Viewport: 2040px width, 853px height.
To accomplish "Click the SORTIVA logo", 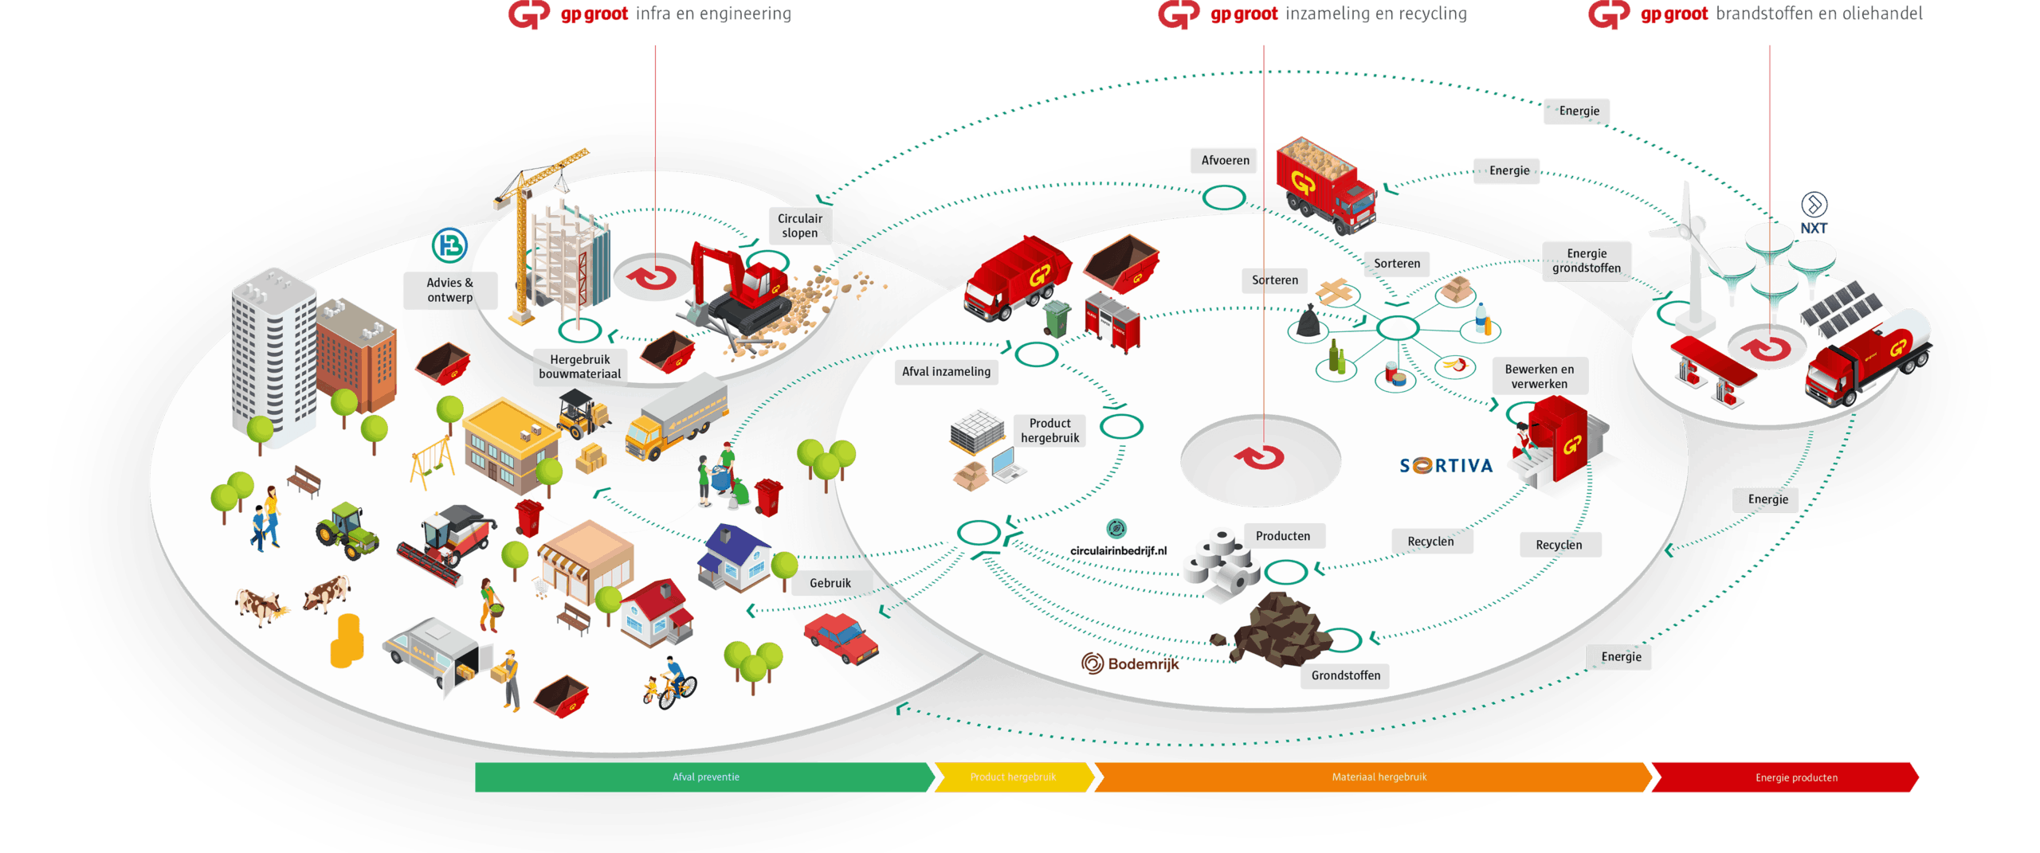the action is click(x=1446, y=465).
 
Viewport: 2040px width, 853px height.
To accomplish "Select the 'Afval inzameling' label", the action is click(x=946, y=371).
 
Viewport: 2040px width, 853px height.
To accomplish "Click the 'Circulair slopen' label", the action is click(x=799, y=225).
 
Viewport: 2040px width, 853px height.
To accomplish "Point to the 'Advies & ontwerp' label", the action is click(x=449, y=290).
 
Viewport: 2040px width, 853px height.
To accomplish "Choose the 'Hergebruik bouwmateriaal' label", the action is click(x=579, y=366).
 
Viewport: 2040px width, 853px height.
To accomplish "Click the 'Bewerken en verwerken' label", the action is click(x=1539, y=376).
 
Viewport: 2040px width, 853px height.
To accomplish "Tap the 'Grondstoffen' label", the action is click(x=1345, y=675).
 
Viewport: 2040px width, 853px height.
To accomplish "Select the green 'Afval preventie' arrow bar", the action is click(x=704, y=777).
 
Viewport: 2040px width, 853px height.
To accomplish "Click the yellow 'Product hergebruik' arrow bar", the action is click(x=1014, y=777).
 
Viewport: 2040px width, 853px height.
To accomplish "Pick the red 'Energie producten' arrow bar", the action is click(x=1785, y=777).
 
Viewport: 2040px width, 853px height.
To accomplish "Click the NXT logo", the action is click(x=1814, y=213).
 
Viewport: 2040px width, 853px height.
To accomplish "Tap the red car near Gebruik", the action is click(x=841, y=638).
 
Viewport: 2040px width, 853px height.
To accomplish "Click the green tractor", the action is click(x=347, y=531).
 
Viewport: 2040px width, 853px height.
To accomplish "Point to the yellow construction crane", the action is click(x=534, y=231).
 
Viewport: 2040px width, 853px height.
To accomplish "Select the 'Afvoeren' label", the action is click(x=1225, y=160).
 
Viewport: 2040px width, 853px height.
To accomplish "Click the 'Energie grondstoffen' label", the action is click(x=1586, y=260).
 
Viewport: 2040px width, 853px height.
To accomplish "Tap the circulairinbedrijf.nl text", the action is click(x=1118, y=550).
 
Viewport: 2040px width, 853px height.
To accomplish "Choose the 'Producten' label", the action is click(x=1283, y=536).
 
